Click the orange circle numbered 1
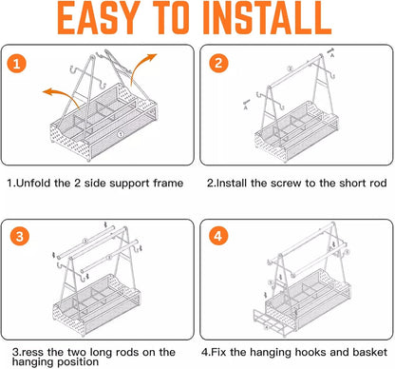click(17, 64)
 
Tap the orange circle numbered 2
click(218, 64)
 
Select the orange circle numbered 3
click(20, 237)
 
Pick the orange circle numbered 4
click(218, 236)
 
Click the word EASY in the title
click(99, 18)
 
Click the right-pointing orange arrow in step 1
click(141, 68)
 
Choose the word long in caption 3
click(102, 353)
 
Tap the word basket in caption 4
click(369, 352)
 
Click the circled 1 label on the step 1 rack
click(121, 134)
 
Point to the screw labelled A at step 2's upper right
click(330, 50)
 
